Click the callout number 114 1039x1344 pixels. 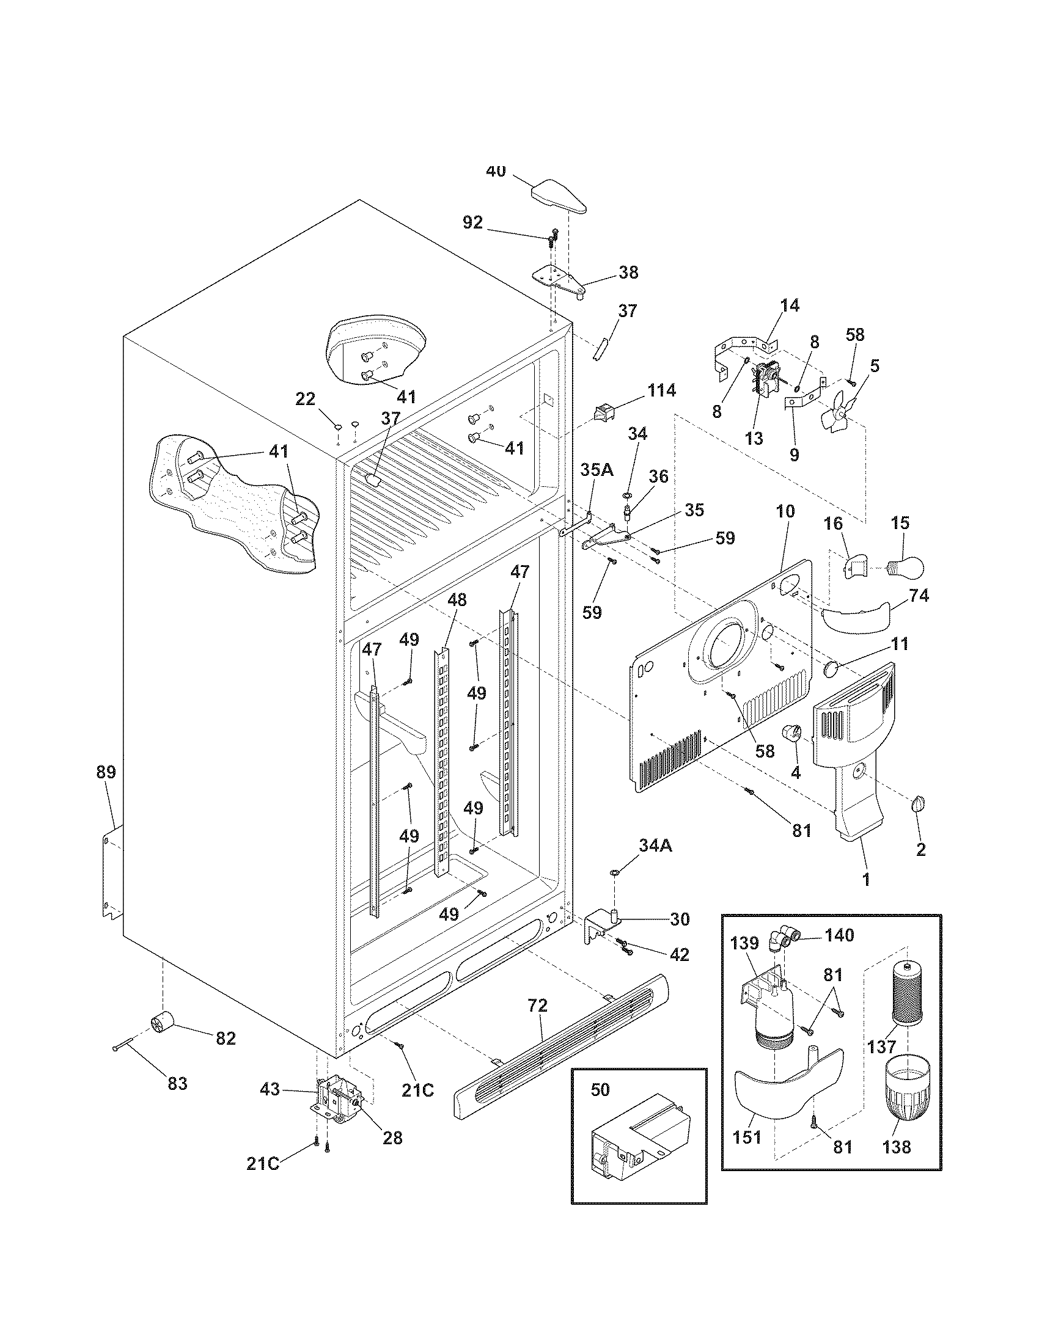[661, 390]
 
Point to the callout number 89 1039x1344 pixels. [106, 772]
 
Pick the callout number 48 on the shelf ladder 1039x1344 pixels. [457, 600]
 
